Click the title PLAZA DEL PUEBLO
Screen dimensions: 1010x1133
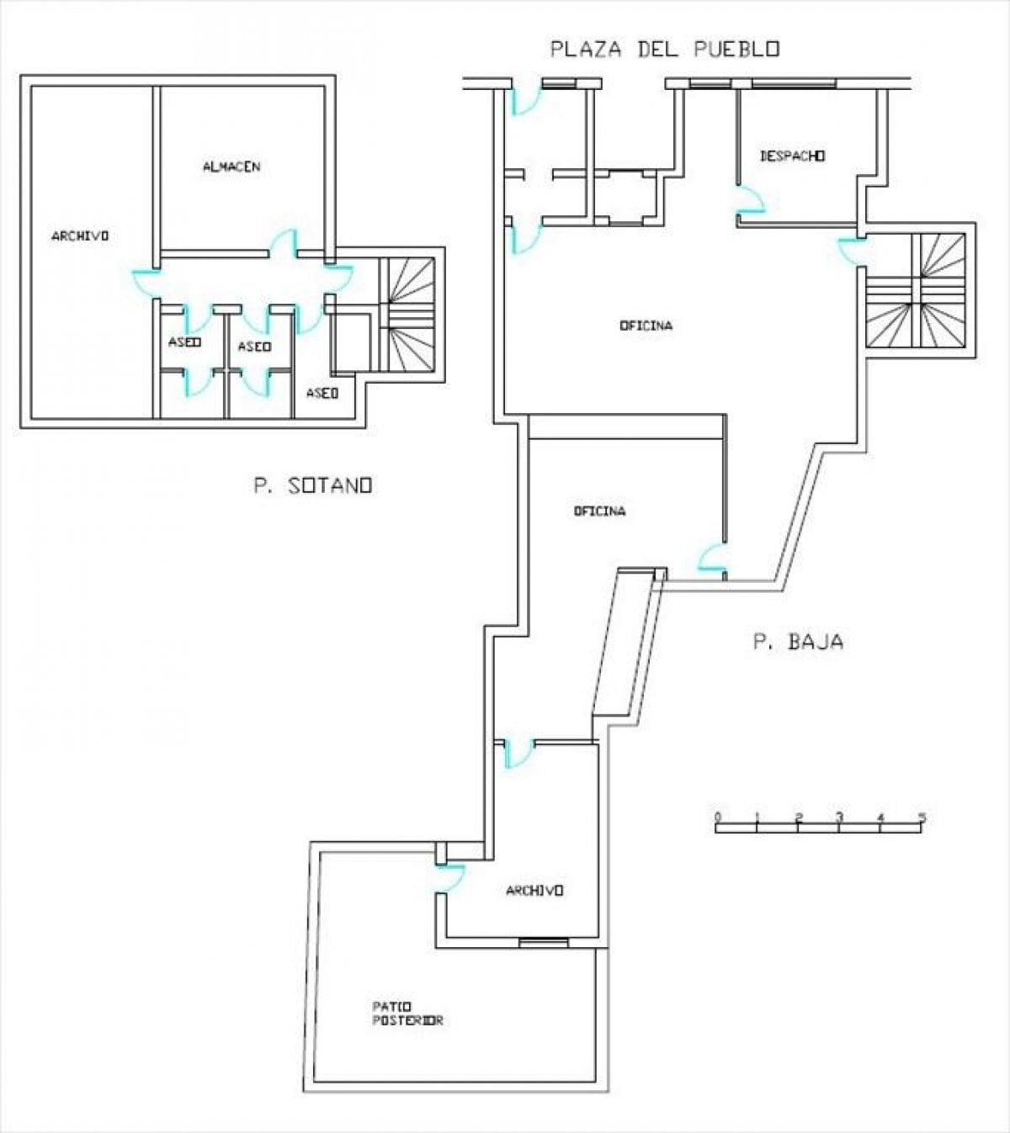point(665,50)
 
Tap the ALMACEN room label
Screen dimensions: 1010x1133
point(231,167)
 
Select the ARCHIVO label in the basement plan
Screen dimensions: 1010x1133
point(80,236)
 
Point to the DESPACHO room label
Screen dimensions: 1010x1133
point(792,156)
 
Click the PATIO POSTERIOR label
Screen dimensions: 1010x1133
point(407,1014)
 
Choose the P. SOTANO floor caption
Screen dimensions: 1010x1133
point(313,484)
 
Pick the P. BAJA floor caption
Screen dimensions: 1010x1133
point(799,642)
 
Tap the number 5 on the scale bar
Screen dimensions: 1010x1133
point(922,817)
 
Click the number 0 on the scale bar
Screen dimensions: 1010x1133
point(718,817)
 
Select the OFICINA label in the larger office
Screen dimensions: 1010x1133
point(646,326)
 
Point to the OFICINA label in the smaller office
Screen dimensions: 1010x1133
point(600,511)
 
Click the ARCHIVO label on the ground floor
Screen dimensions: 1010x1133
point(534,890)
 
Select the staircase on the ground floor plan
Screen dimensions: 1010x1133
point(916,290)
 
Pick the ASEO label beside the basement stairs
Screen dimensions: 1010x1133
point(322,393)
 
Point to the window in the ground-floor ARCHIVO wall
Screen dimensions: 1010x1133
point(544,943)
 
